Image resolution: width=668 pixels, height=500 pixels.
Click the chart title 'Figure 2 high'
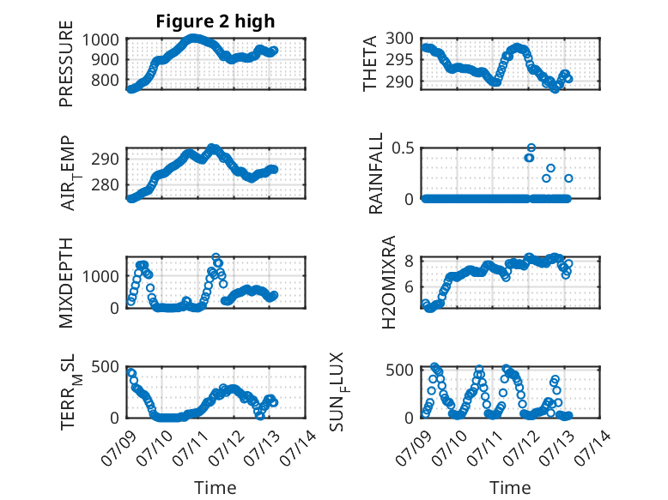click(216, 21)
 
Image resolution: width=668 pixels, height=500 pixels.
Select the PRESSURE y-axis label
click(66, 63)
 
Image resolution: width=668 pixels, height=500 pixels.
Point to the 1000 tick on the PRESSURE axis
click(100, 39)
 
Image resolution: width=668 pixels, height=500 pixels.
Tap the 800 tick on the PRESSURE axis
click(105, 80)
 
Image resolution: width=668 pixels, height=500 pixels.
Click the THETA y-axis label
click(370, 63)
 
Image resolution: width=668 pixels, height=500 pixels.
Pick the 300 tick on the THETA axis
click(399, 39)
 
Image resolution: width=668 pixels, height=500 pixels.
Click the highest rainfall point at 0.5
click(531, 148)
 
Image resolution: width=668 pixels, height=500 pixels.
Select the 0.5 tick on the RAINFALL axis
click(403, 148)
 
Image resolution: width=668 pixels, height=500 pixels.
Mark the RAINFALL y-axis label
click(376, 173)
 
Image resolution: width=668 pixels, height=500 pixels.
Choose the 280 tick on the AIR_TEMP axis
click(105, 184)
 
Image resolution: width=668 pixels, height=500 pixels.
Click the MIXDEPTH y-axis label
click(66, 283)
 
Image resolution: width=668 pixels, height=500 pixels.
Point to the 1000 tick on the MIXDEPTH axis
click(100, 276)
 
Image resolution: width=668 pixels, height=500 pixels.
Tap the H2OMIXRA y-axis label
click(389, 282)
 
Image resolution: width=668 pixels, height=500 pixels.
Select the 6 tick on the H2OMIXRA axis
click(409, 286)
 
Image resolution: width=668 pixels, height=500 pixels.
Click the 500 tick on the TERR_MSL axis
click(105, 366)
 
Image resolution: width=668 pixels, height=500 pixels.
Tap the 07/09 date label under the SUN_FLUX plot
click(415, 448)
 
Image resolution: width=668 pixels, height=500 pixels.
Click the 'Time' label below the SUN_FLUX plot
click(510, 487)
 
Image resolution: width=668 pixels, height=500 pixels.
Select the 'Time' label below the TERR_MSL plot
click(216, 487)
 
